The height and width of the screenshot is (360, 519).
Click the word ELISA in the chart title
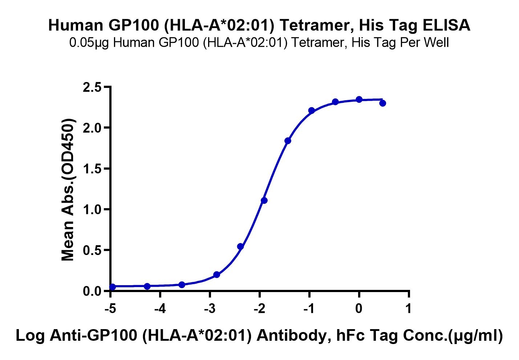446,25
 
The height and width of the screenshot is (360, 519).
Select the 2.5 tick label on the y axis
93,88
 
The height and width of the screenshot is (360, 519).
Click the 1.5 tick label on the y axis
93,169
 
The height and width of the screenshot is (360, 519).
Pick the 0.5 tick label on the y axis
93,251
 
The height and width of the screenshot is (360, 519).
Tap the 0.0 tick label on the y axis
93,291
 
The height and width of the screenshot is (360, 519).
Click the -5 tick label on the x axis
110,309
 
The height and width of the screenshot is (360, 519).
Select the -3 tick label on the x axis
210,309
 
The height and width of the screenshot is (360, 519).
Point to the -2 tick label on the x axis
259,309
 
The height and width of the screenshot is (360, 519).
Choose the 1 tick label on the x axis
409,309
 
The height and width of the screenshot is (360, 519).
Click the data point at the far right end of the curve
383,103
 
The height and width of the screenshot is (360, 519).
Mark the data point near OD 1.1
264,201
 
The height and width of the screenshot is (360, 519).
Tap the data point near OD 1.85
288,141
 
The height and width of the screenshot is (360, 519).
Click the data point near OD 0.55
240,246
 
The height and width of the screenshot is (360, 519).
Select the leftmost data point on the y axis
112,287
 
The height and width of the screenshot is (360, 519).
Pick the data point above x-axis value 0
359,100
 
